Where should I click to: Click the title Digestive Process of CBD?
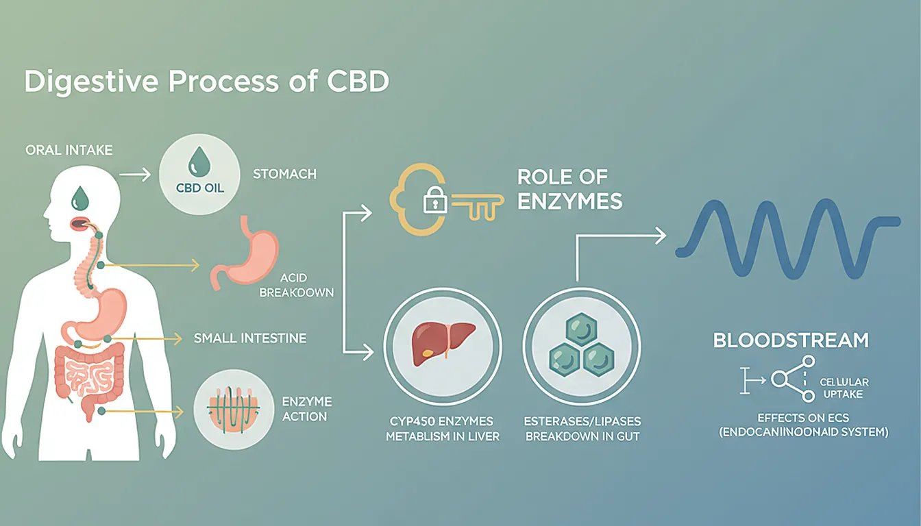pos(207,82)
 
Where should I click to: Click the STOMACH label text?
pos(284,174)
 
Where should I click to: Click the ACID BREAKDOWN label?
pos(306,285)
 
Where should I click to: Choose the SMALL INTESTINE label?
pos(249,338)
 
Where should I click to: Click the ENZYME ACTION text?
pos(306,409)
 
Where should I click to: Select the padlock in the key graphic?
pos(434,201)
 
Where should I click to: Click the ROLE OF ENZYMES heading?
pos(569,189)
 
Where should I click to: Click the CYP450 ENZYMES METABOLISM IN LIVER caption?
pos(443,429)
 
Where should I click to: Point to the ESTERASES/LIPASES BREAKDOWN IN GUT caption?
pos(582,429)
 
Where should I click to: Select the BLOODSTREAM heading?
pos(791,340)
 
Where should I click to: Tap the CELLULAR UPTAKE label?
pos(844,388)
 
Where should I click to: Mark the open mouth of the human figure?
pos(79,223)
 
